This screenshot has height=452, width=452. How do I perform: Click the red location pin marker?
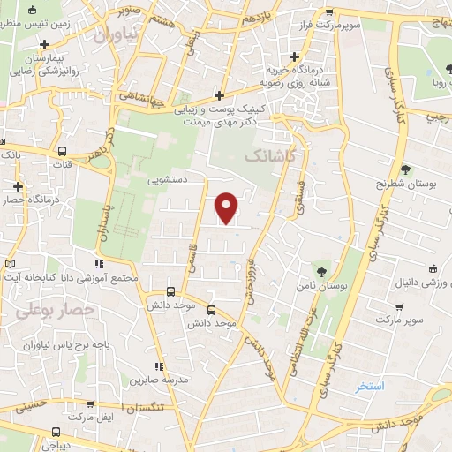(x=227, y=207)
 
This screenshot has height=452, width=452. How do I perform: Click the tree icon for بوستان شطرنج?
(x=405, y=169)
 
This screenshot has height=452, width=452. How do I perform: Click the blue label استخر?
(x=370, y=387)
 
